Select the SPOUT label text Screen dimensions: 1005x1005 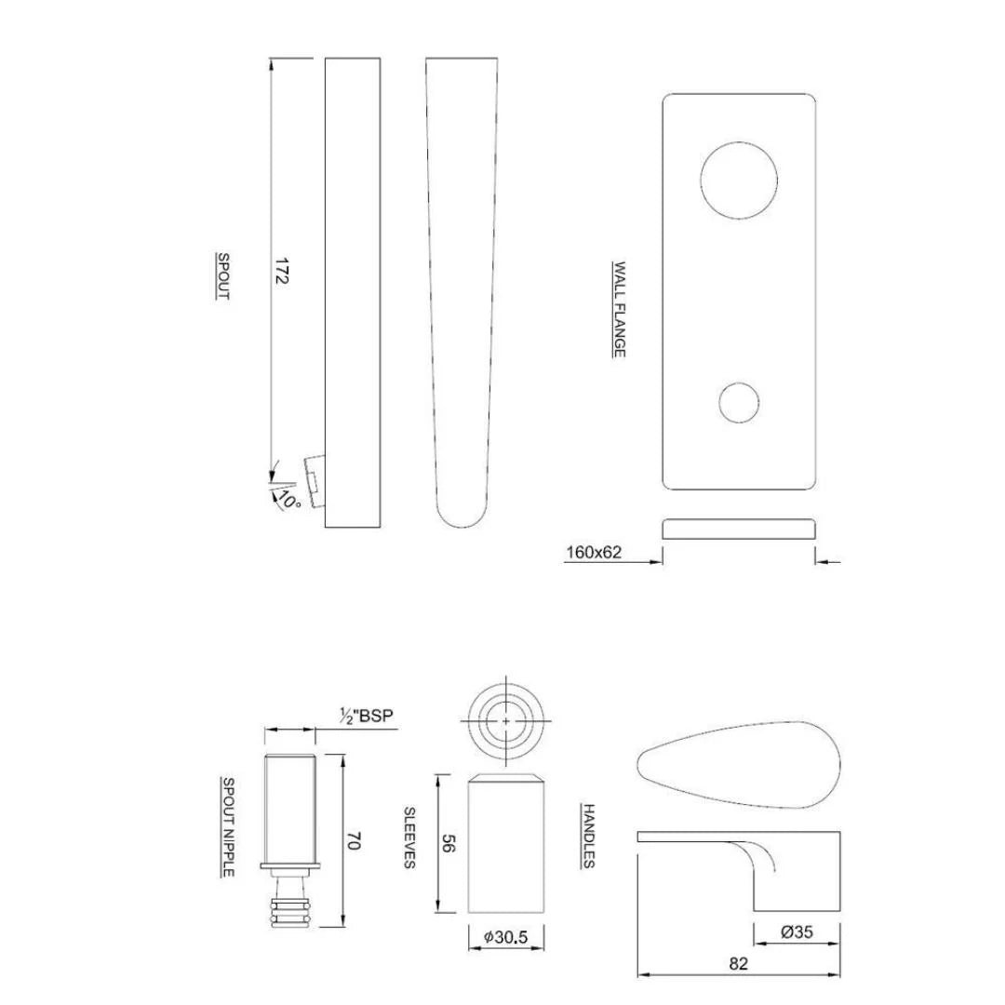[x=222, y=275]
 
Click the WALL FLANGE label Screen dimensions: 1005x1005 [x=618, y=309]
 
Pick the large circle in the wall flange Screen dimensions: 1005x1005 [x=739, y=181]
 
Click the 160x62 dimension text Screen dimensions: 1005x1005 [x=594, y=553]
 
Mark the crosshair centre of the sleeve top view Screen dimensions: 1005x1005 [x=505, y=721]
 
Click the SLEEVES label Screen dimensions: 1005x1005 [x=408, y=837]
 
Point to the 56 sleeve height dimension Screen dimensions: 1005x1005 [x=447, y=844]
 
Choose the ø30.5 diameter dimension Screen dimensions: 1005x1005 [x=505, y=939]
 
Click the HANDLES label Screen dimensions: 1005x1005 [x=588, y=835]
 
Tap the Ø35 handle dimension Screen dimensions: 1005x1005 [x=797, y=931]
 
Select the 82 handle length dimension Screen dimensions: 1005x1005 [x=739, y=964]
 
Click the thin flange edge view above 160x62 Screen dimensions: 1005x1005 [x=739, y=529]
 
